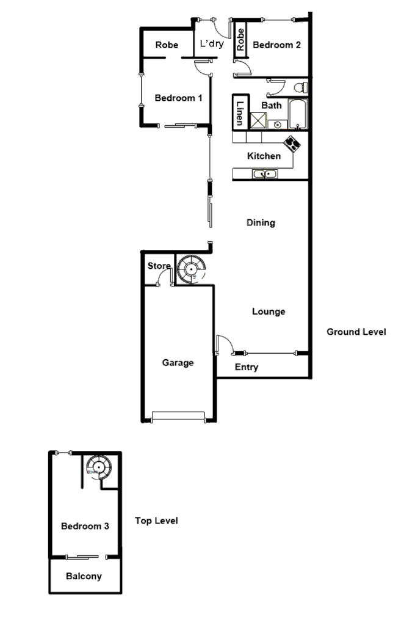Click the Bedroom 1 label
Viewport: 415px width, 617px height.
pyautogui.click(x=178, y=98)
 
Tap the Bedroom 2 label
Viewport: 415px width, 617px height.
pyautogui.click(x=277, y=45)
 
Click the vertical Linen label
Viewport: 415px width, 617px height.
pyautogui.click(x=240, y=113)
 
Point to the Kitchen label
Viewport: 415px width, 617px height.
pyautogui.click(x=264, y=156)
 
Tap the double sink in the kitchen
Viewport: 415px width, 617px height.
pyautogui.click(x=265, y=175)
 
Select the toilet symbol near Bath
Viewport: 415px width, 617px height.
pyautogui.click(x=299, y=88)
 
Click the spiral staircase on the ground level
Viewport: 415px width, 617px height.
pyautogui.click(x=192, y=268)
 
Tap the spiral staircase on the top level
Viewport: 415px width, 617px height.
pyautogui.click(x=98, y=467)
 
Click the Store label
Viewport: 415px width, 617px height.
pyautogui.click(x=159, y=266)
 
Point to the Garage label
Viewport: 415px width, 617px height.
pyautogui.click(x=178, y=363)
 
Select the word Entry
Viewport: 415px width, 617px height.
pyautogui.click(x=247, y=367)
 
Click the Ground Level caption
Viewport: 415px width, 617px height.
pyautogui.click(x=356, y=332)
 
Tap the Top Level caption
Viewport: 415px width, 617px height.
pyautogui.click(x=156, y=521)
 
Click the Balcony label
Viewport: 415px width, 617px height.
pyautogui.click(x=84, y=576)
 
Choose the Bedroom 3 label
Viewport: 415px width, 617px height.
pyautogui.click(x=85, y=526)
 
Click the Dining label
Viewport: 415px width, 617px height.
pyautogui.click(x=261, y=223)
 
